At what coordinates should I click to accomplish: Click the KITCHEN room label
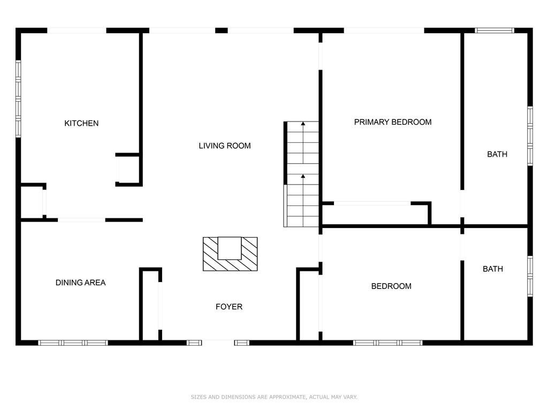click(81, 124)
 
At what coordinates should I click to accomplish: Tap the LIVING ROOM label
click(225, 146)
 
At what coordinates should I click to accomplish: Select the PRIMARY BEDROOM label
click(393, 122)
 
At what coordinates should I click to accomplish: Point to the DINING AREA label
click(81, 283)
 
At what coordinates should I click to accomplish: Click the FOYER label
click(229, 307)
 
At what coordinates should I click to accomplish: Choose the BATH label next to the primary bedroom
click(497, 154)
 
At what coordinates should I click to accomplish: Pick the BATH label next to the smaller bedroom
click(493, 269)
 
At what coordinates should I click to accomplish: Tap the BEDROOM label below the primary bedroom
click(391, 286)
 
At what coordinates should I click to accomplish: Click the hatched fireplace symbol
click(230, 254)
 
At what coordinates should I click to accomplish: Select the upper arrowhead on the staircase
click(303, 124)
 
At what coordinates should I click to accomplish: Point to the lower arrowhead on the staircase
click(303, 177)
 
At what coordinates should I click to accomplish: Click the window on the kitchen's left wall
click(18, 99)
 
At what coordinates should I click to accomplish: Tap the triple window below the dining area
click(73, 343)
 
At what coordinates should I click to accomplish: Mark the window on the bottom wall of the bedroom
click(387, 343)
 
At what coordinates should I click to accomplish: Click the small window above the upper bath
click(494, 31)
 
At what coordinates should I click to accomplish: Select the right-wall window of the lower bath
click(530, 277)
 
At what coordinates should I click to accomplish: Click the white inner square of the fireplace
click(230, 248)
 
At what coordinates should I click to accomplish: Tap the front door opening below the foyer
click(218, 342)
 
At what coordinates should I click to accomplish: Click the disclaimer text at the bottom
click(274, 397)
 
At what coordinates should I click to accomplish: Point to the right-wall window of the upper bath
click(530, 136)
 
